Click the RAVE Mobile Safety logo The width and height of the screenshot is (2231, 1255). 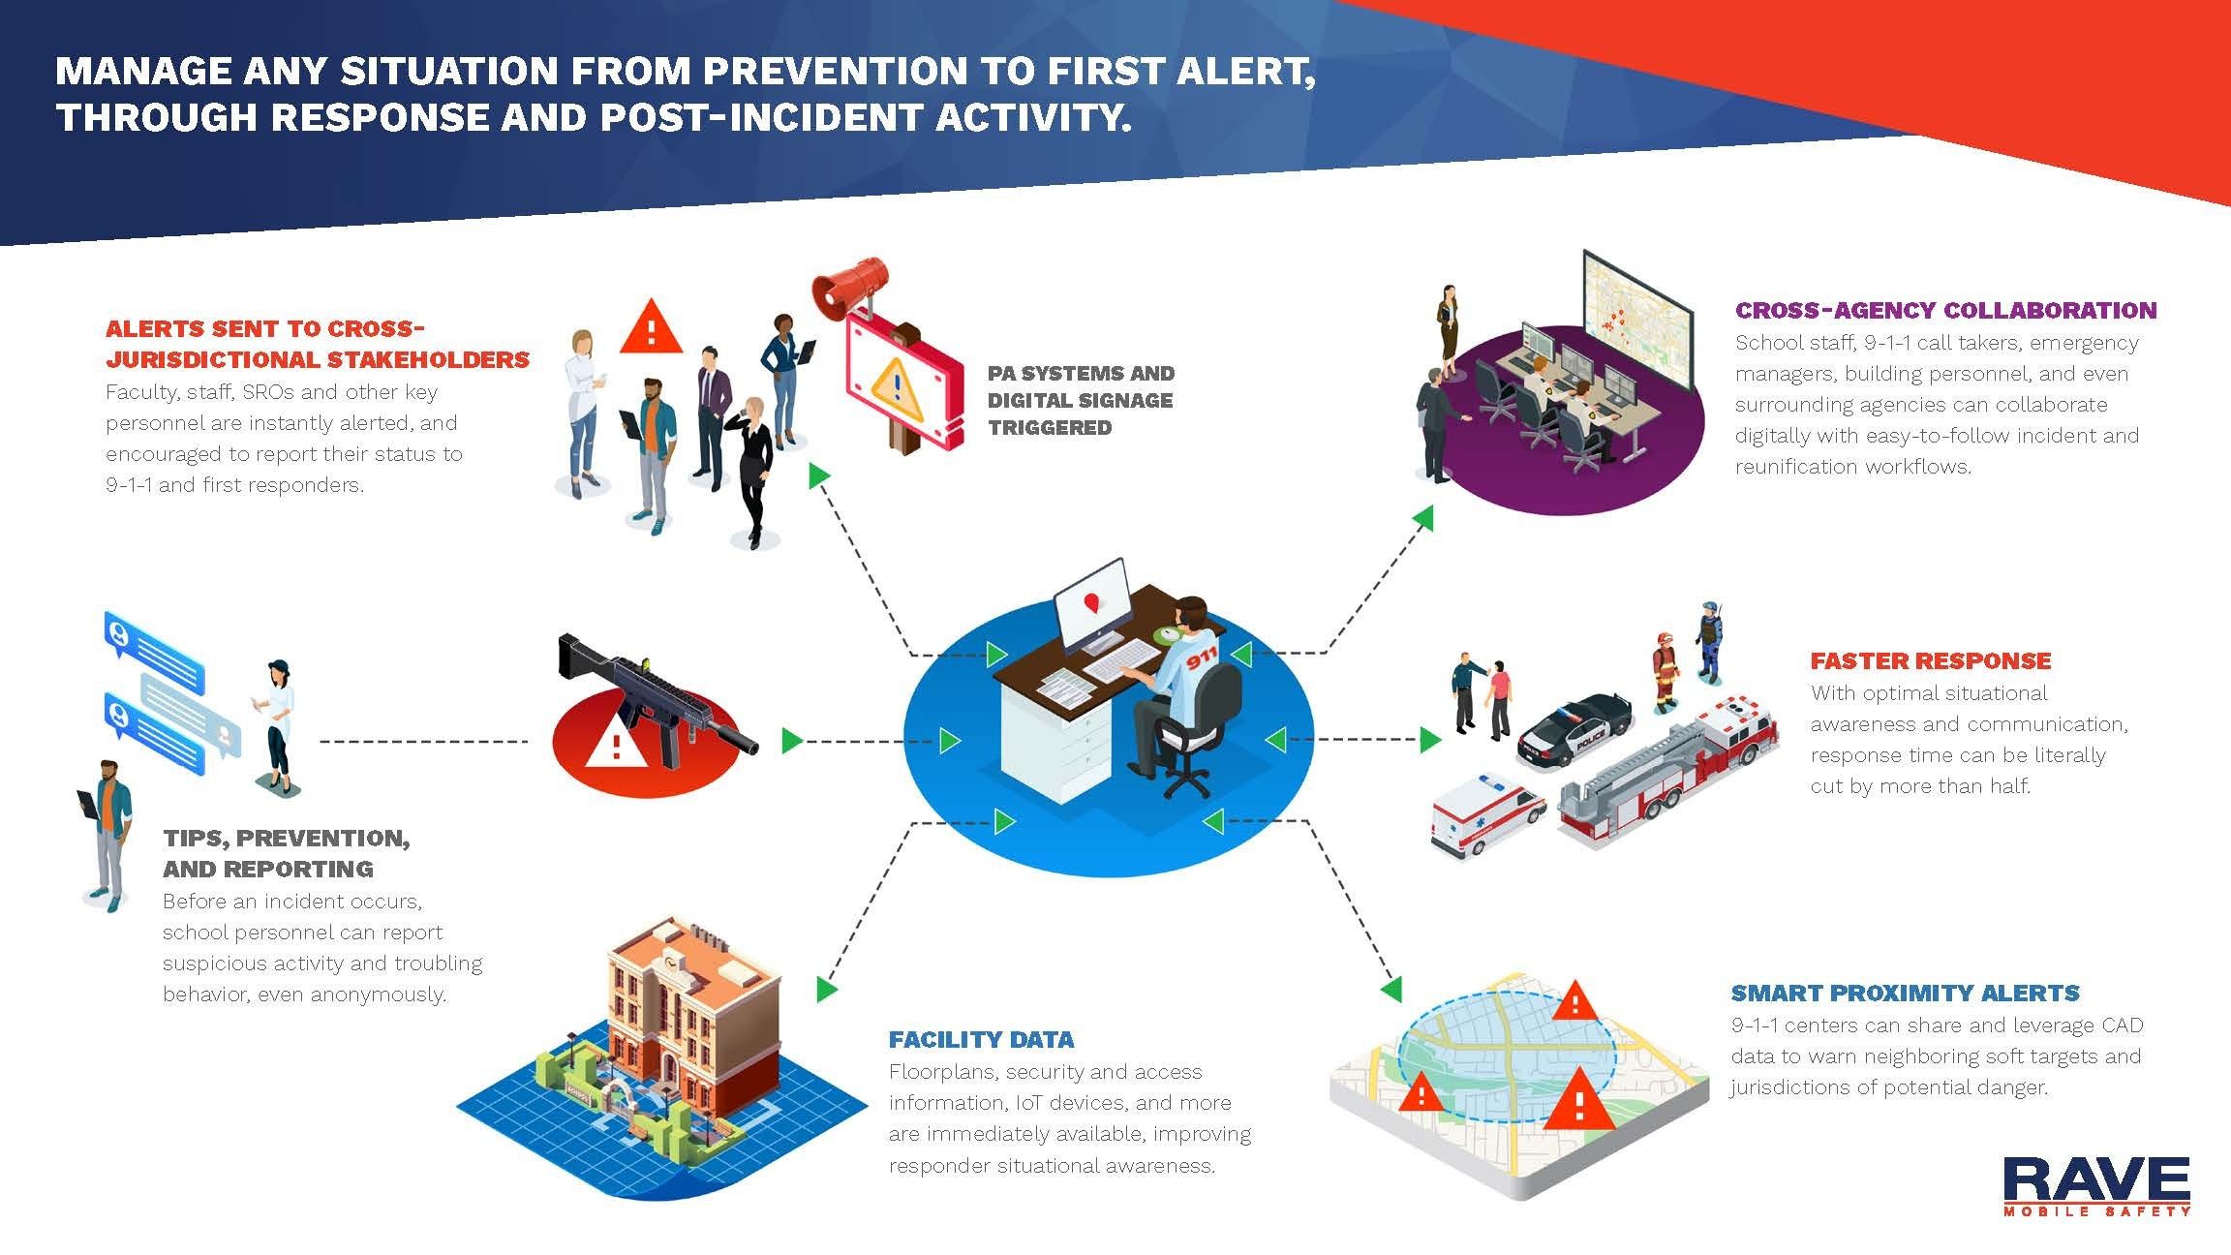click(x=2096, y=1185)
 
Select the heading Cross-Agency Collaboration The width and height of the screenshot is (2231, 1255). click(x=1945, y=310)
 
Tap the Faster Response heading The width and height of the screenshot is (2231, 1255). click(x=1931, y=660)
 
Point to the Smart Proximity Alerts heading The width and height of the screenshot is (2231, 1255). click(x=1906, y=993)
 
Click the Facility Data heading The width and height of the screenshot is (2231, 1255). click(x=981, y=1039)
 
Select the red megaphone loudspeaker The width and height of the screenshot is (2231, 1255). click(x=850, y=285)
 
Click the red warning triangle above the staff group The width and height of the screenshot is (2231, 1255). click(x=651, y=327)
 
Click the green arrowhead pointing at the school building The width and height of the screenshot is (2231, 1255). click(x=826, y=989)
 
